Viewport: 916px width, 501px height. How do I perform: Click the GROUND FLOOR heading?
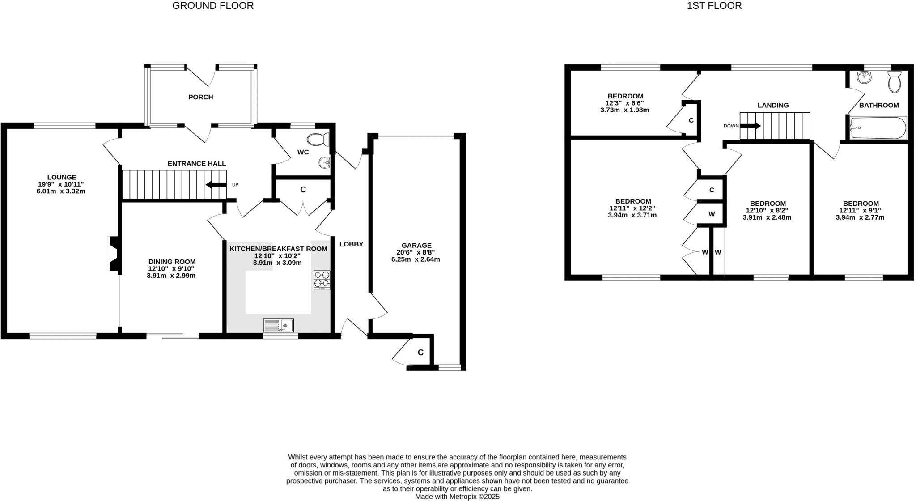click(213, 6)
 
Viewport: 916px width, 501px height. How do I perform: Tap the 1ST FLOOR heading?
click(714, 6)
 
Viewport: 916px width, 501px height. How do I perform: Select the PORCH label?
click(200, 97)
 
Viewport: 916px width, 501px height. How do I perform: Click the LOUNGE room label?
click(62, 177)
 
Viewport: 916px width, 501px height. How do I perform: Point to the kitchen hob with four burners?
click(322, 280)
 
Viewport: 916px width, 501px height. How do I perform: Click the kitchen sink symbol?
click(278, 325)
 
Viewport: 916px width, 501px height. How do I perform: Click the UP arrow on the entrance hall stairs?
click(216, 184)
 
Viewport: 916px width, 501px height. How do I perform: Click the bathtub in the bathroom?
click(878, 128)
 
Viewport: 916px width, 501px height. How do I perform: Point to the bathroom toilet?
click(894, 82)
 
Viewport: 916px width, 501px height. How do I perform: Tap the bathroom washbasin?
click(865, 78)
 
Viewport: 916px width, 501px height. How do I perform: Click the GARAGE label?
click(416, 245)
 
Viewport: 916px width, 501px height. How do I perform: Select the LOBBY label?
click(351, 244)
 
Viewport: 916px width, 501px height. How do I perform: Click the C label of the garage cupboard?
click(420, 352)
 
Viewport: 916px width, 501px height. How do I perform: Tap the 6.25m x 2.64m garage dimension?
click(416, 259)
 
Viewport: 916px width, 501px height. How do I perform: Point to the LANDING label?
click(773, 106)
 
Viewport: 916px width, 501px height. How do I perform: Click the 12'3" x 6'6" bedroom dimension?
click(625, 103)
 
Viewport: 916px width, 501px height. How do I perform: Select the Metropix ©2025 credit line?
click(457, 497)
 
